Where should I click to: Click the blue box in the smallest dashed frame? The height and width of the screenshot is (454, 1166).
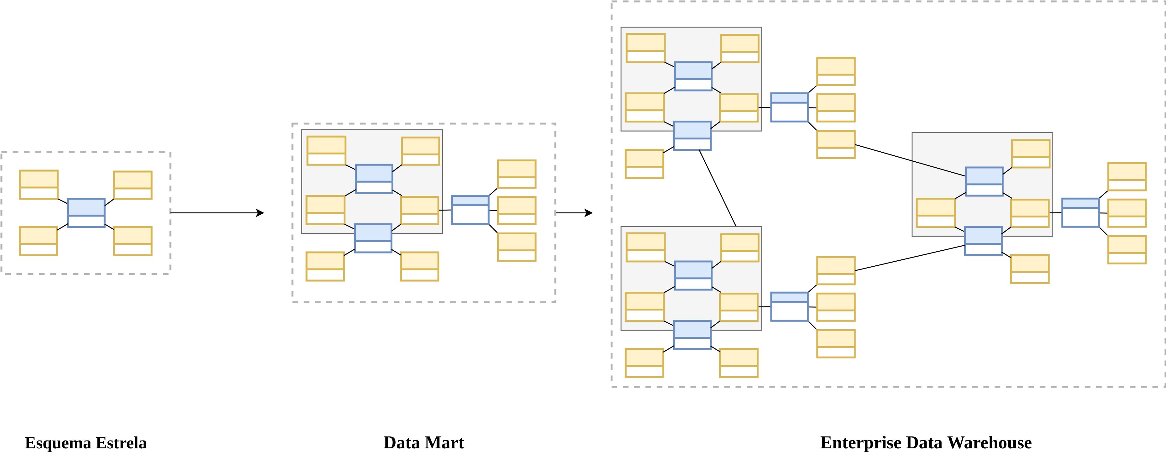(86, 212)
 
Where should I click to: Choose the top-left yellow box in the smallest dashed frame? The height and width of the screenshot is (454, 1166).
(39, 185)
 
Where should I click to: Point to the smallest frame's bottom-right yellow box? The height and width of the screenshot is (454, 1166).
(133, 241)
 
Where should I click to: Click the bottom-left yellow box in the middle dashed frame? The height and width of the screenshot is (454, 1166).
(325, 266)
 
